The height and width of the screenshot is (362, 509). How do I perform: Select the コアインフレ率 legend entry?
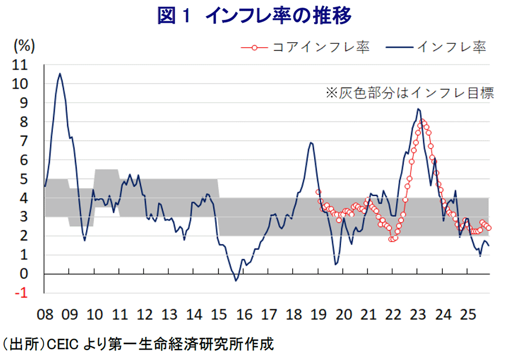tap(306, 47)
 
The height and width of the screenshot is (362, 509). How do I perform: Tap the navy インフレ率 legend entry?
tap(437, 47)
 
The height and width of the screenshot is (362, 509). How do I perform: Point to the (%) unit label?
tap(24, 46)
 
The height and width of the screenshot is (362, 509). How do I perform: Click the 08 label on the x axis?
tap(45, 314)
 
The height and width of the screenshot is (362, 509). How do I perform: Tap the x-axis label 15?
tap(219, 314)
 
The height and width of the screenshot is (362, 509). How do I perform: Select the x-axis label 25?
tap(467, 314)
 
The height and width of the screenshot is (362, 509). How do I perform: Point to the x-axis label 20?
tap(343, 314)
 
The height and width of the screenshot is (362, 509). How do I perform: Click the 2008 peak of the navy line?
tap(60, 73)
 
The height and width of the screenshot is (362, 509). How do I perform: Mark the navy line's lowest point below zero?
tap(236, 280)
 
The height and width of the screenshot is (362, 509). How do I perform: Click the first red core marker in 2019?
tap(318, 192)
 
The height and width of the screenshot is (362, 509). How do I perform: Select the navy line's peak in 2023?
tap(418, 109)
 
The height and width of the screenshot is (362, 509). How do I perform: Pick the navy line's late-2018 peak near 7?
tap(310, 143)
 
